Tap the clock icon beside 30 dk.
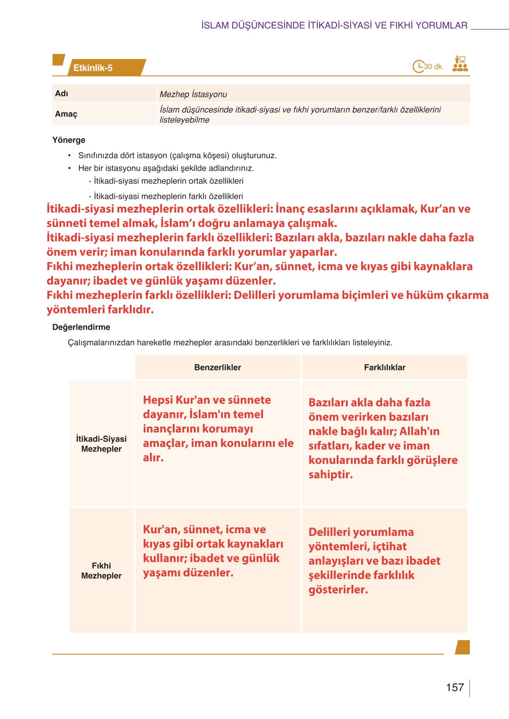pyautogui.click(x=418, y=66)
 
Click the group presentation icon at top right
pyautogui.click(x=460, y=64)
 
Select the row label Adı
pyautogui.click(x=62, y=94)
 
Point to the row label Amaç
pyautogui.click(x=66, y=114)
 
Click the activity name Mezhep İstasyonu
pyautogui.click(x=193, y=94)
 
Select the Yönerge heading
pyautogui.click(x=69, y=140)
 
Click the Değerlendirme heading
pyautogui.click(x=81, y=327)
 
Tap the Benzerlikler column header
pyautogui.click(x=217, y=368)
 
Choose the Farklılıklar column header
pyautogui.click(x=385, y=368)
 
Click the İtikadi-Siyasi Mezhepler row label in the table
pyautogui.click(x=101, y=444)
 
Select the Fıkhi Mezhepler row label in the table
pyautogui.click(x=101, y=570)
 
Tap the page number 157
pyautogui.click(x=455, y=687)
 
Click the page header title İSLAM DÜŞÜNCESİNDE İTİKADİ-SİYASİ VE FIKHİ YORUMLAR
pyautogui.click(x=334, y=25)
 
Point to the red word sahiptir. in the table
pyautogui.click(x=330, y=474)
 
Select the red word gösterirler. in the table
pyautogui.click(x=338, y=589)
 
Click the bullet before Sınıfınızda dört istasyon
pyautogui.click(x=70, y=155)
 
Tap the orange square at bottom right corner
pyautogui.click(x=462, y=647)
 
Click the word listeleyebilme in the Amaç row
pyautogui.click(x=184, y=120)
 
